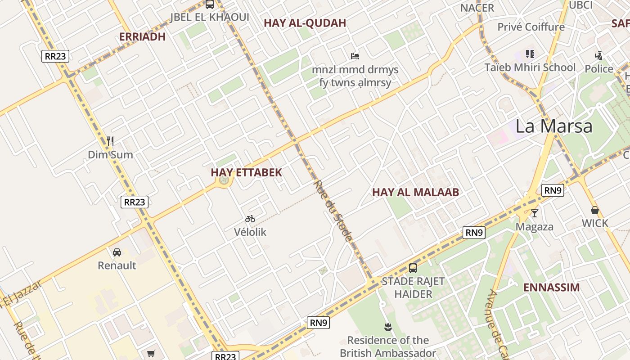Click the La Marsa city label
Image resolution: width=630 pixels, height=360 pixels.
click(x=553, y=126)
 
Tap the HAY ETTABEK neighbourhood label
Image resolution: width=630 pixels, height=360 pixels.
click(x=246, y=172)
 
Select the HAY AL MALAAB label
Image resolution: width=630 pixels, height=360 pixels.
click(x=415, y=193)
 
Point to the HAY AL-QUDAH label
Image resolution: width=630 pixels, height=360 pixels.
click(x=305, y=23)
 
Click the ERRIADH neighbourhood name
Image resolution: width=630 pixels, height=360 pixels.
click(x=142, y=37)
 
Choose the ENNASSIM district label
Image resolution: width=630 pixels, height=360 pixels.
click(x=551, y=287)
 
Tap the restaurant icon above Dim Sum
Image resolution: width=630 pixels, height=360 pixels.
click(x=110, y=141)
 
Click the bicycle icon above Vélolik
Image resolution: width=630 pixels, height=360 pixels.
click(x=250, y=219)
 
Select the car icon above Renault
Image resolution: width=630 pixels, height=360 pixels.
click(x=117, y=252)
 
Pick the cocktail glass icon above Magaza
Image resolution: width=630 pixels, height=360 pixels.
click(x=534, y=213)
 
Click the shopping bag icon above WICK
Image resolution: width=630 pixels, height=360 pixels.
click(x=595, y=210)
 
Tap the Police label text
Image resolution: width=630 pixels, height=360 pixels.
click(x=599, y=69)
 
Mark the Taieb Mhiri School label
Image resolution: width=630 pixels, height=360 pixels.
click(x=530, y=67)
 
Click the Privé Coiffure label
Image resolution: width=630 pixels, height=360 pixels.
click(x=531, y=27)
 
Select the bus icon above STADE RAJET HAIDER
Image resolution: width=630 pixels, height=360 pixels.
click(x=413, y=268)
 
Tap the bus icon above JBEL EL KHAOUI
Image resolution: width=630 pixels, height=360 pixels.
click(x=209, y=4)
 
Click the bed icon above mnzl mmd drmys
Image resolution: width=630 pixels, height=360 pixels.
click(x=355, y=56)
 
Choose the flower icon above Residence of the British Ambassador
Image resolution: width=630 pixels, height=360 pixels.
click(x=387, y=327)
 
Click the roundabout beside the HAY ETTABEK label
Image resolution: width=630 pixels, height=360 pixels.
click(x=224, y=180)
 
